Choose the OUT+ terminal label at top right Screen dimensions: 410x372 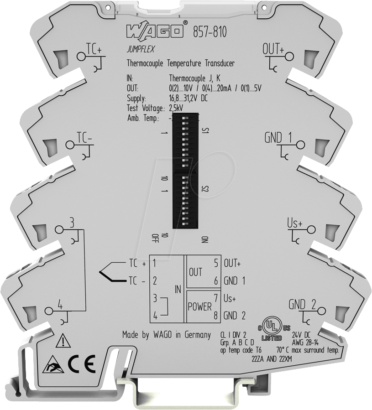pyautogui.click(x=274, y=49)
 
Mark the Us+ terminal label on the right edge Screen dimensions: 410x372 pyautogui.click(x=295, y=223)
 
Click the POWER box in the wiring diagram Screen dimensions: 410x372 pyautogui.click(x=199, y=306)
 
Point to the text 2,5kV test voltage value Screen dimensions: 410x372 pyautogui.click(x=178, y=108)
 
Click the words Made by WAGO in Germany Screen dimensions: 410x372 pyautogui.click(x=166, y=334)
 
